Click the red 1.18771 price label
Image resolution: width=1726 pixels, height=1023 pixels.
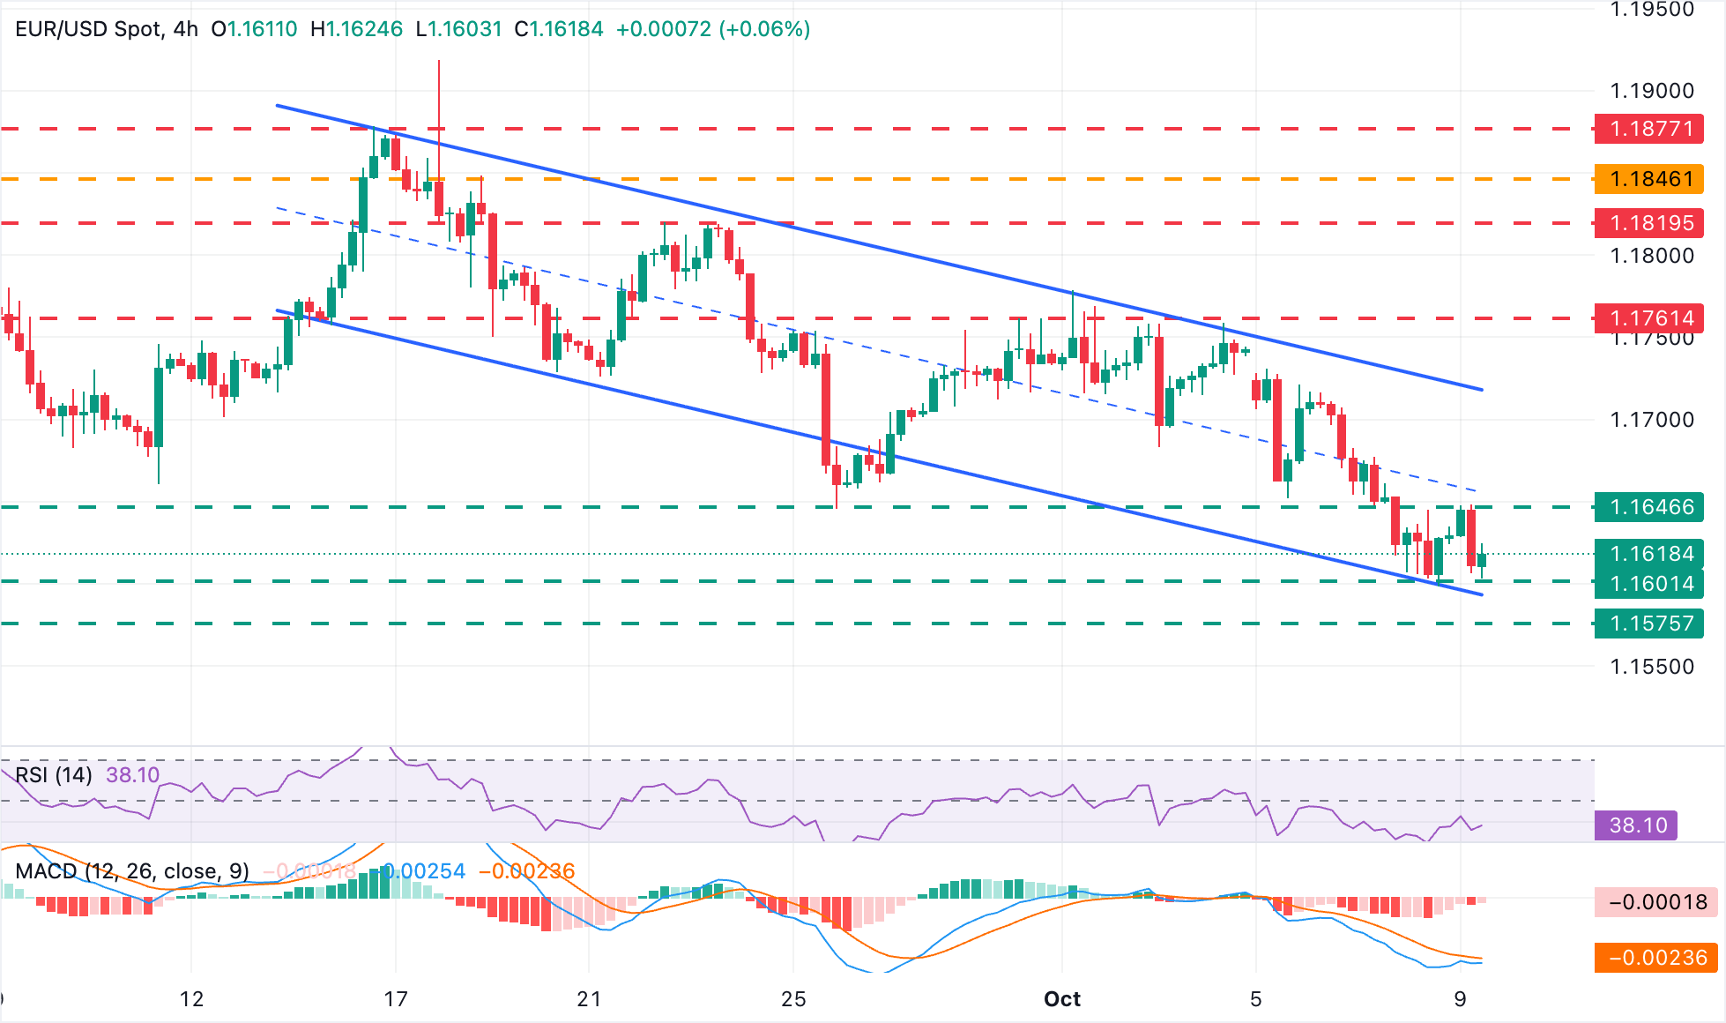coord(1648,129)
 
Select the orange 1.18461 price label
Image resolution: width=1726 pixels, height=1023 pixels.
coord(1648,179)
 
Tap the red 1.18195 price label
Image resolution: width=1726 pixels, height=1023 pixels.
coord(1648,223)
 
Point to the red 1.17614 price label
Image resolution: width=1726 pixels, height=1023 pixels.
coord(1648,318)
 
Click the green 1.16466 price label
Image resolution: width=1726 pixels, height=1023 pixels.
coord(1648,507)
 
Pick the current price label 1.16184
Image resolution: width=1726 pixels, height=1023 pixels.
coord(1648,554)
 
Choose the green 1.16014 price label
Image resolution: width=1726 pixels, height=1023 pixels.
coord(1648,584)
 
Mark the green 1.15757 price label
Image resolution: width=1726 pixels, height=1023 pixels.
coord(1648,624)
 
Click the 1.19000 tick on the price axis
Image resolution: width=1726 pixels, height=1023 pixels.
coord(1651,91)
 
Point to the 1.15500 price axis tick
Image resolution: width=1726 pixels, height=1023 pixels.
coord(1651,667)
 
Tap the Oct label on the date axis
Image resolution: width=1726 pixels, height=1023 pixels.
coord(1061,999)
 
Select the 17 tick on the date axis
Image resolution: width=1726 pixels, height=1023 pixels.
coord(396,999)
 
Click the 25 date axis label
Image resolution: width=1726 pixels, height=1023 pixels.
coord(793,999)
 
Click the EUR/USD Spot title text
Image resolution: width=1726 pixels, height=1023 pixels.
coord(88,29)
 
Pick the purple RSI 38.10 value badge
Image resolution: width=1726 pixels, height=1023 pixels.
coord(1637,825)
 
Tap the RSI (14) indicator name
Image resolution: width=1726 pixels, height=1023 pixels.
coord(54,775)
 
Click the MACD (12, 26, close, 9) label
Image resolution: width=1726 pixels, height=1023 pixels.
coord(132,871)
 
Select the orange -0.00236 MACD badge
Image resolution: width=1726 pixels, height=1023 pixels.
coord(1656,958)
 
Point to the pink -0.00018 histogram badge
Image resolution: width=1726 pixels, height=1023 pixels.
coord(1656,902)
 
